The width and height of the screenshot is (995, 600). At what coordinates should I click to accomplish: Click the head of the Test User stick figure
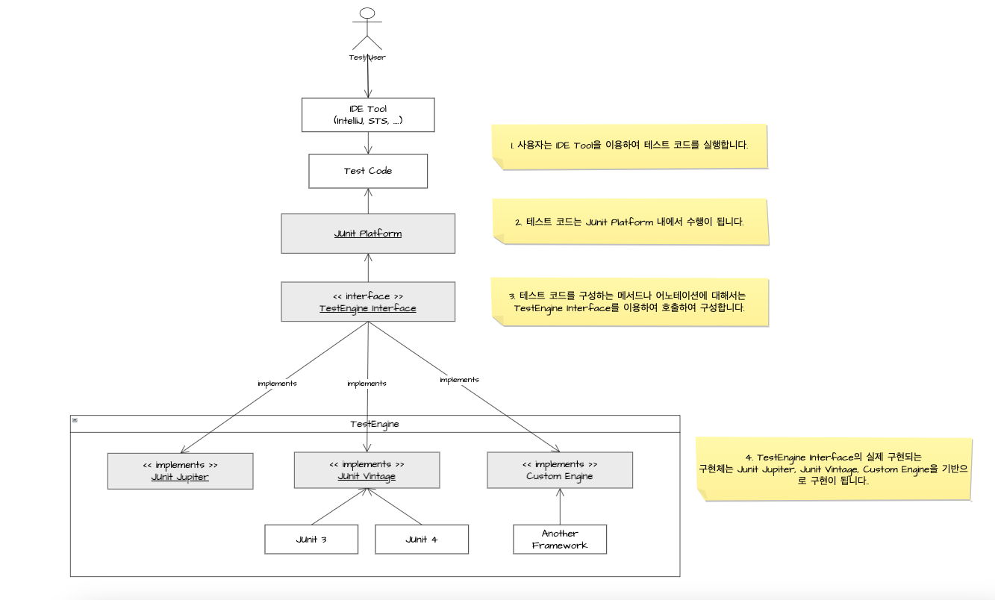coord(367,13)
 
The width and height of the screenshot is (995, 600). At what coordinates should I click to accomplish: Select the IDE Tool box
coord(368,115)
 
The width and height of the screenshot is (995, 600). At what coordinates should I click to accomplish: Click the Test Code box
coord(368,171)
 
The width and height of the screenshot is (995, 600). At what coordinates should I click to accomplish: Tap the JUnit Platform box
coord(368,234)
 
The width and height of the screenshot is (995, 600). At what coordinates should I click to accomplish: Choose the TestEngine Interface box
coord(368,301)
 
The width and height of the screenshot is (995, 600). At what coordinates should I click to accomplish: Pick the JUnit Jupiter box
coord(181,471)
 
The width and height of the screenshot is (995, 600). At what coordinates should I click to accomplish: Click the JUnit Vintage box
coord(367,470)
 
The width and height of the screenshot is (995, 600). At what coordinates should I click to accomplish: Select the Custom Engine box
coord(560,470)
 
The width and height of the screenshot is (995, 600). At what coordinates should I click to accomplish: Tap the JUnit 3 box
coord(311,540)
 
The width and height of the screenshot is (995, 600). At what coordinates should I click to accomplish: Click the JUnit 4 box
coord(422,540)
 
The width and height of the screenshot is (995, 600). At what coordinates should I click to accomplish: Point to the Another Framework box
coord(560,540)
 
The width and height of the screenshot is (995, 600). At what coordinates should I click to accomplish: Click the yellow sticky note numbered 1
coord(629,146)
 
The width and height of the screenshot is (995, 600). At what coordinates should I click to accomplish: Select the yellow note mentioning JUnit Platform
coord(631,222)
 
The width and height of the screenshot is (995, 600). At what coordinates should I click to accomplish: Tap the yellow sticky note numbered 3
coord(629,302)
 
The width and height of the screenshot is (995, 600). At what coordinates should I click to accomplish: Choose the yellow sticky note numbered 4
coord(834,469)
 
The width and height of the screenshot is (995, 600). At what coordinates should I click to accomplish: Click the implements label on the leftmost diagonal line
coord(277,384)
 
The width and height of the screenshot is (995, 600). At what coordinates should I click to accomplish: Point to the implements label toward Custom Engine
coord(459,380)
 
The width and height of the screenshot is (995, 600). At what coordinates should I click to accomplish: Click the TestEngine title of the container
coord(375,424)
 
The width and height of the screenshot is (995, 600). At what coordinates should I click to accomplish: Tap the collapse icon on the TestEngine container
coord(75,420)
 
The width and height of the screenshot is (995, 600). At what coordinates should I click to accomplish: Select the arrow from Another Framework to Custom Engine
coord(560,507)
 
